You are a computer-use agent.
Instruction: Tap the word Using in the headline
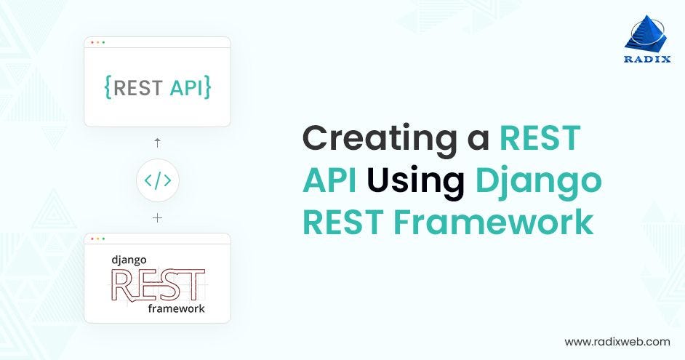pyautogui.click(x=415, y=180)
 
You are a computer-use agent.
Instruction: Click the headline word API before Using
pyautogui.click(x=330, y=180)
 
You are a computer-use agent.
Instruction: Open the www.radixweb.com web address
pyautogui.click(x=617, y=341)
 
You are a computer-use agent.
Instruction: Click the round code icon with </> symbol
pyautogui.click(x=157, y=180)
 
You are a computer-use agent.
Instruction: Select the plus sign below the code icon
pyautogui.click(x=157, y=217)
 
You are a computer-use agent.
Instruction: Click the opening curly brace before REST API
pyautogui.click(x=108, y=88)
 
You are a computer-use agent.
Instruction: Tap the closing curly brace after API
pyautogui.click(x=207, y=88)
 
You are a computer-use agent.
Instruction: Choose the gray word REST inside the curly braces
pyautogui.click(x=138, y=88)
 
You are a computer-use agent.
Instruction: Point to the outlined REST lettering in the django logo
pyautogui.click(x=157, y=284)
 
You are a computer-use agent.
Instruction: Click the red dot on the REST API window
pyautogui.click(x=92, y=42)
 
